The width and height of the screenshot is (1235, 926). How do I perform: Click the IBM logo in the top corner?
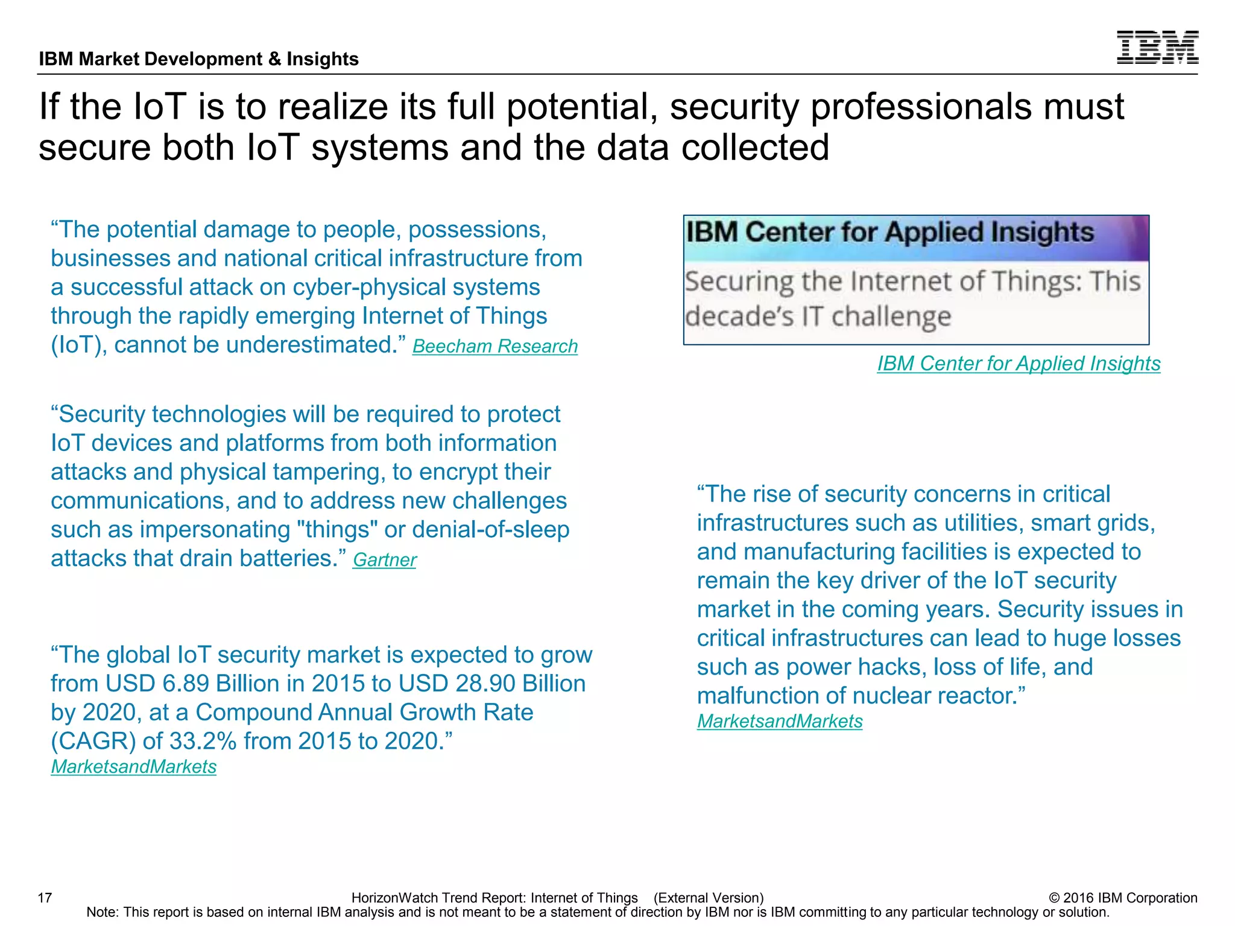click(x=1157, y=47)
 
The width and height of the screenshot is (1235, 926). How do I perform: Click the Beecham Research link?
click(x=494, y=347)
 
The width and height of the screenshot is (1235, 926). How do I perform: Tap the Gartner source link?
click(x=384, y=560)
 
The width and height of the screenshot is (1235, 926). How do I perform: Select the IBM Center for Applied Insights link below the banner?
click(x=1018, y=364)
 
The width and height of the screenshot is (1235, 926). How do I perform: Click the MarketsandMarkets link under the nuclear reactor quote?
click(x=779, y=721)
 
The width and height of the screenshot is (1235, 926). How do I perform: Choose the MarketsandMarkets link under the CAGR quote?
click(x=133, y=766)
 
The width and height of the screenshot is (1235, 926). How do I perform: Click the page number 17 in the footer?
click(x=45, y=898)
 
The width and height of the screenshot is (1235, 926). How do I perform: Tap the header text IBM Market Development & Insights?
click(x=198, y=59)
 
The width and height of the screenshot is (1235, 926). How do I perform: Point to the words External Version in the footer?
click(x=708, y=898)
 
